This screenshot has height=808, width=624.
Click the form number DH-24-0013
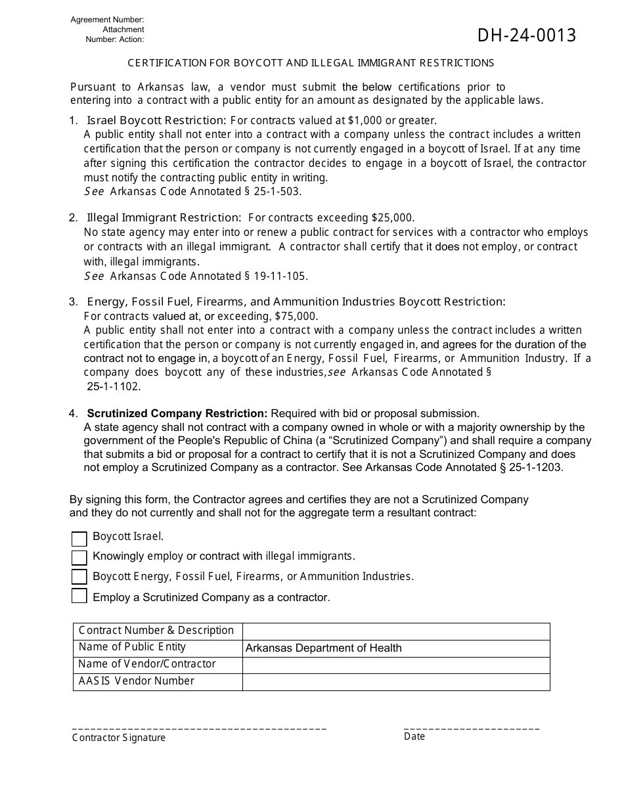tap(527, 35)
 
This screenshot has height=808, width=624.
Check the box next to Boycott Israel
tap(79, 539)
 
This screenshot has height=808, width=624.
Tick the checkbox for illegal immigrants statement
tap(79, 558)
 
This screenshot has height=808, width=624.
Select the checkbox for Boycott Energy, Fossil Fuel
tap(79, 577)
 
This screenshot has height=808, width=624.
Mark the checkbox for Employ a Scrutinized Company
tap(79, 596)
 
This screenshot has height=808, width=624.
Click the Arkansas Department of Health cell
tap(395, 648)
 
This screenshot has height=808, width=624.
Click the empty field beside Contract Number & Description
tap(395, 631)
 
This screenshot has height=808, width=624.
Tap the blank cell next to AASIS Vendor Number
tap(395, 682)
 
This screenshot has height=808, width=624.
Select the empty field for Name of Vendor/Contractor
tap(395, 665)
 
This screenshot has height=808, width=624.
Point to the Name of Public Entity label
tap(132, 647)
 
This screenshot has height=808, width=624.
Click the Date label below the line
tap(414, 736)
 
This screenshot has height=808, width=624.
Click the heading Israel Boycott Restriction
tap(156, 120)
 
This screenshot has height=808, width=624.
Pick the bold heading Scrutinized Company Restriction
tap(177, 413)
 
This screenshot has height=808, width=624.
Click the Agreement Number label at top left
tap(107, 20)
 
